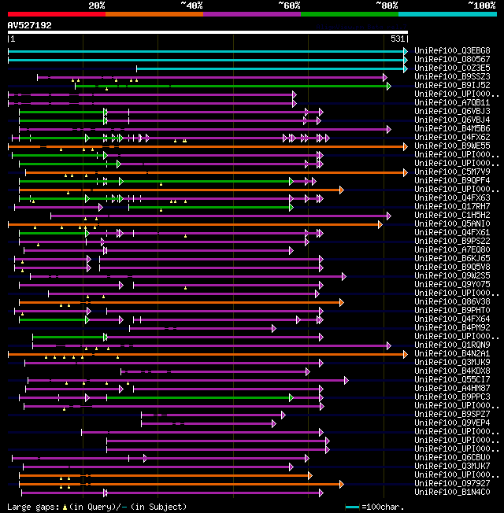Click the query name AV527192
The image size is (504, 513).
30,25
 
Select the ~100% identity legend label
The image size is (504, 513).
480,6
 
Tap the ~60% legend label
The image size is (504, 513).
289,6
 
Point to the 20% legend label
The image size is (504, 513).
97,6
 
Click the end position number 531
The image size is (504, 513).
398,39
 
